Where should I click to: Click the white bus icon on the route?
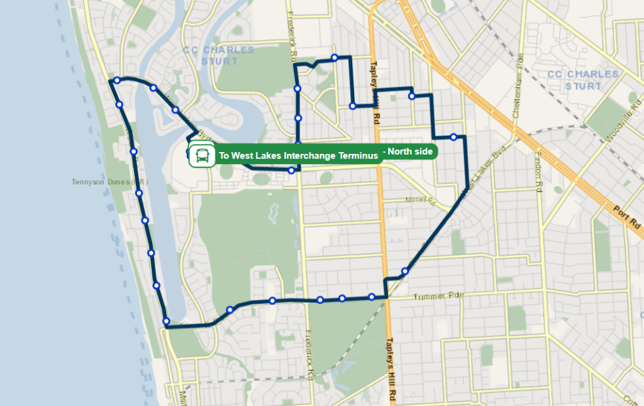[202, 155]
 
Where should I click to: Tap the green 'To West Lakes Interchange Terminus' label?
[298, 155]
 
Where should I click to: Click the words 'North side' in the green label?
[412, 151]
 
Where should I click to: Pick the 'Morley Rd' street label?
[420, 200]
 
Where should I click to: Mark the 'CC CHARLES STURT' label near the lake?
[219, 55]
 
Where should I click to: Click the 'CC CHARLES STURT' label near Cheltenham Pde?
[584, 80]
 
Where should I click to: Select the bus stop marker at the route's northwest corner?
[117, 80]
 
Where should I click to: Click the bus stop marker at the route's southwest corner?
[166, 322]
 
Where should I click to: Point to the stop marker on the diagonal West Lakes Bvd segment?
[405, 272]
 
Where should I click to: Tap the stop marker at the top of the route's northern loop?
[335, 58]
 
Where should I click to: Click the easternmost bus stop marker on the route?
[453, 137]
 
